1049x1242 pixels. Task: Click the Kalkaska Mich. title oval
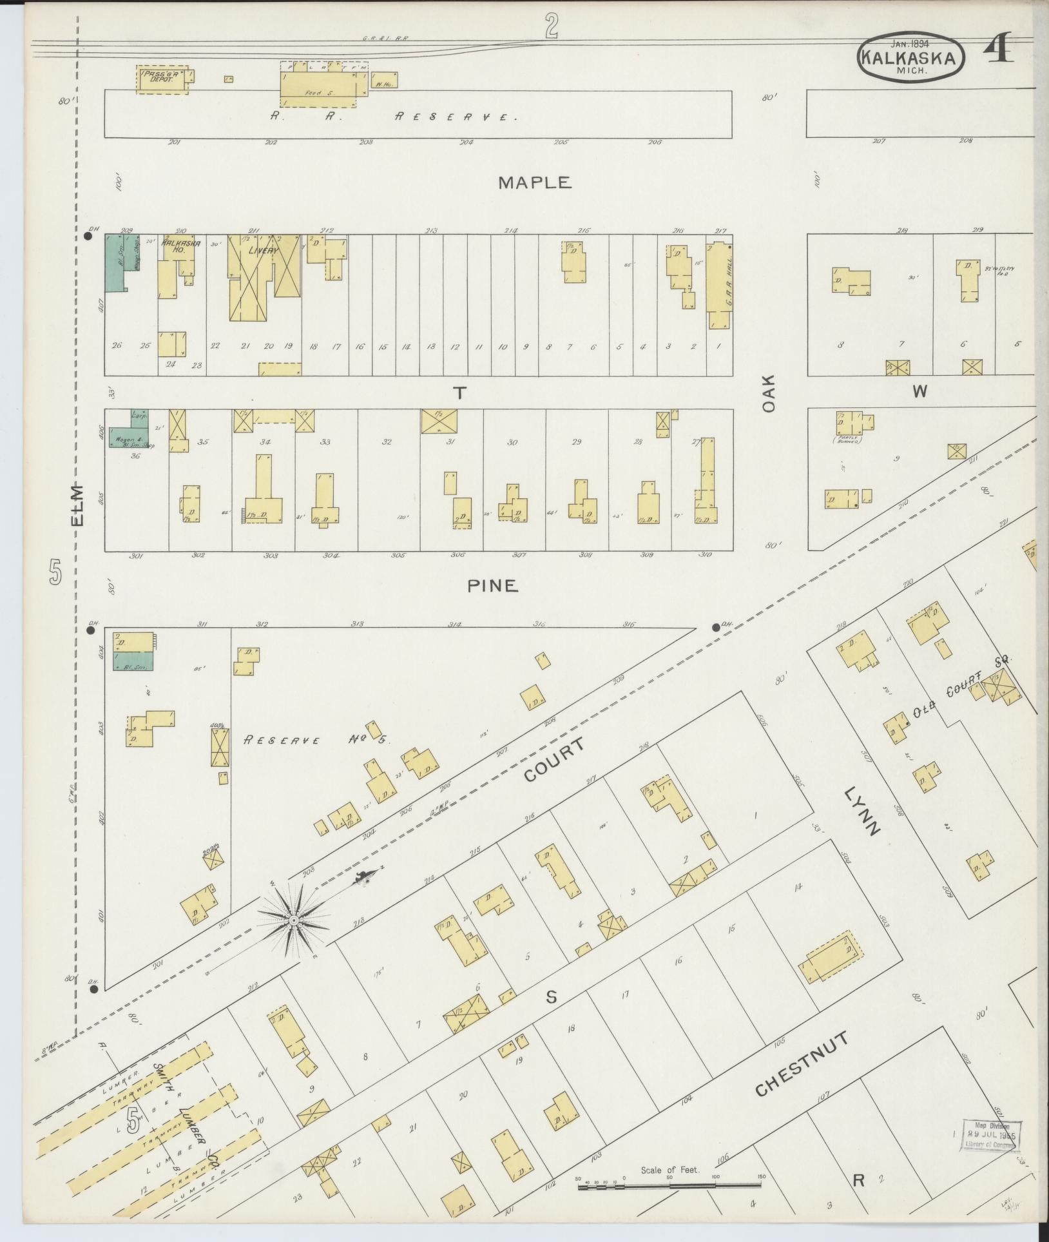910,57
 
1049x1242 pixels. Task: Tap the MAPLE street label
535,183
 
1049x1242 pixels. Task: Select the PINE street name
492,585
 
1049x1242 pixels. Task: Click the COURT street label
555,760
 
